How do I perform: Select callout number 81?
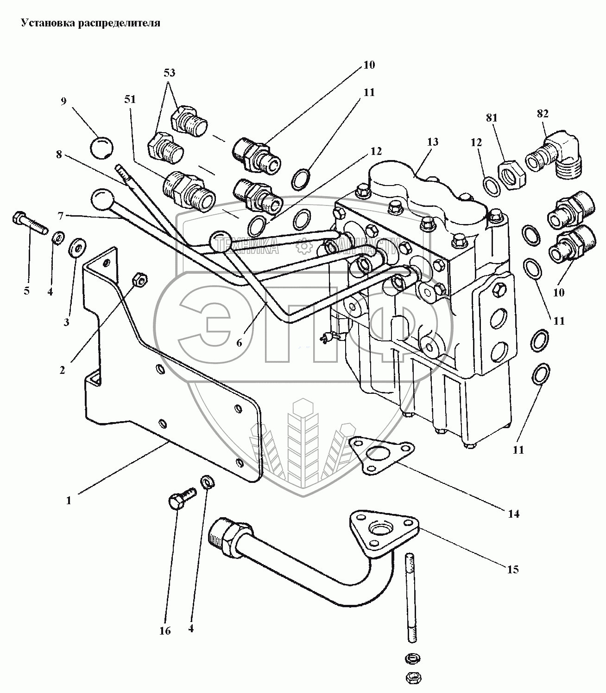pos(491,118)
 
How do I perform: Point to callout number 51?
pos(130,99)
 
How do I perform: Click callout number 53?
pos(169,73)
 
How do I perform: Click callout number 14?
pos(513,513)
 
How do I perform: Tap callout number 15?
pos(512,570)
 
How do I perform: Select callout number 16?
pos(165,630)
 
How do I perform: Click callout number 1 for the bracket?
pos(69,501)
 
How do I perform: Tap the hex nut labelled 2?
pos(139,279)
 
